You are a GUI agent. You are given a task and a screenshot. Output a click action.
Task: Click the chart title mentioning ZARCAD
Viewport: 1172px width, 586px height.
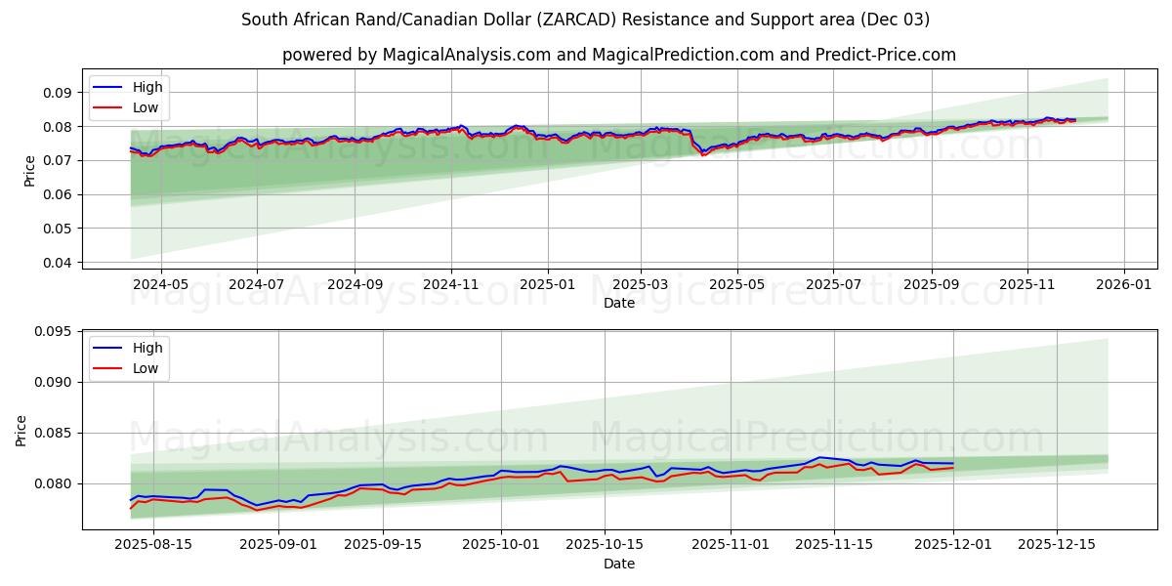586,20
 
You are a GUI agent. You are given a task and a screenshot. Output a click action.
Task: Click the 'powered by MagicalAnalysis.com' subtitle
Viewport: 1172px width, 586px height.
619,55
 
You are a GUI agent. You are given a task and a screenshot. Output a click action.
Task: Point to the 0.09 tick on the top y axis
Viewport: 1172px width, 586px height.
58,93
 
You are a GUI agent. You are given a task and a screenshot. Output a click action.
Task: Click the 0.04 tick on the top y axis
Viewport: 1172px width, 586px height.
58,263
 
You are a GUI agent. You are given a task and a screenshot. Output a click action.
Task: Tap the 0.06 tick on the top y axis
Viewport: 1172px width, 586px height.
58,194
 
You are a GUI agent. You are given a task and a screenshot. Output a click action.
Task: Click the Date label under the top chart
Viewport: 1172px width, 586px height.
619,303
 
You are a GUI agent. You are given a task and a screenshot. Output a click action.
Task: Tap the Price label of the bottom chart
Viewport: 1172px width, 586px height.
21,430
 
